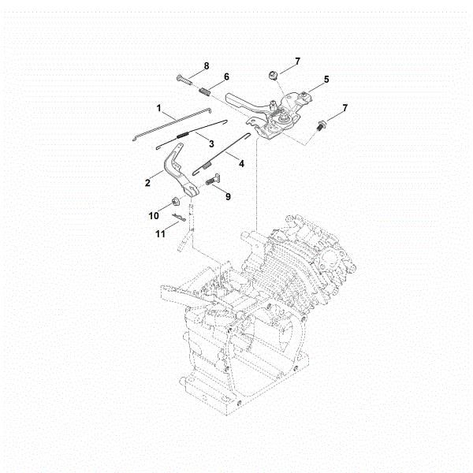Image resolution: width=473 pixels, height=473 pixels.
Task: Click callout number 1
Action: pos(158,106)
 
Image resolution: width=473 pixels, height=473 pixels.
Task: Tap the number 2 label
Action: pos(147,183)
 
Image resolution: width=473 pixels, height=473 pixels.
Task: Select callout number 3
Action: pos(211,142)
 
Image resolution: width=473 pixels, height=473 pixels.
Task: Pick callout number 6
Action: pos(226,76)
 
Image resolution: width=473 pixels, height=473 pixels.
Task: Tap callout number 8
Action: pos(206,65)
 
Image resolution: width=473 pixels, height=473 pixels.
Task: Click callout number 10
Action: pos(155,214)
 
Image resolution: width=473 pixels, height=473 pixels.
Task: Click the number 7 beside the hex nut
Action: pos(297,61)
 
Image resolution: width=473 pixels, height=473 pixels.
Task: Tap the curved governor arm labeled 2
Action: pos(177,174)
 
